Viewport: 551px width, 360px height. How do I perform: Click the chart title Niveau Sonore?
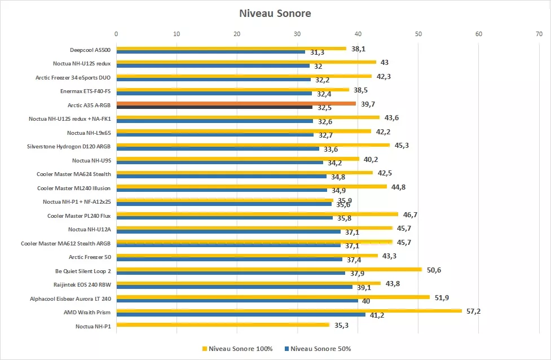(x=275, y=12)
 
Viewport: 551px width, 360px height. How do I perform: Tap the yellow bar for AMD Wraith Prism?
(x=289, y=311)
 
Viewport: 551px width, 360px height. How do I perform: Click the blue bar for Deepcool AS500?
(x=210, y=52)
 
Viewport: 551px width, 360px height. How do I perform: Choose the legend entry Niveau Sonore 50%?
(x=319, y=349)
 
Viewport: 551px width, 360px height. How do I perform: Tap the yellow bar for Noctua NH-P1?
(x=222, y=324)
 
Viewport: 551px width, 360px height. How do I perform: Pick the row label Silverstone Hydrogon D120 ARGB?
(x=69, y=147)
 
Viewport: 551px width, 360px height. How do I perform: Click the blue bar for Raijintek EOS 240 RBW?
(x=234, y=287)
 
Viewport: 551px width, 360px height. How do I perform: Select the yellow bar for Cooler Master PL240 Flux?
(x=257, y=214)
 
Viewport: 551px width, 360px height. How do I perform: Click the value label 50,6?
(x=434, y=270)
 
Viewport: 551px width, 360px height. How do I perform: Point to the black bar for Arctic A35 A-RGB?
(x=214, y=107)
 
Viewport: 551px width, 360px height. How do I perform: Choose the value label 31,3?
(x=317, y=52)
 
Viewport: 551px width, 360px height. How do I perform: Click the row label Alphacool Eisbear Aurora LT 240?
(x=70, y=298)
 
